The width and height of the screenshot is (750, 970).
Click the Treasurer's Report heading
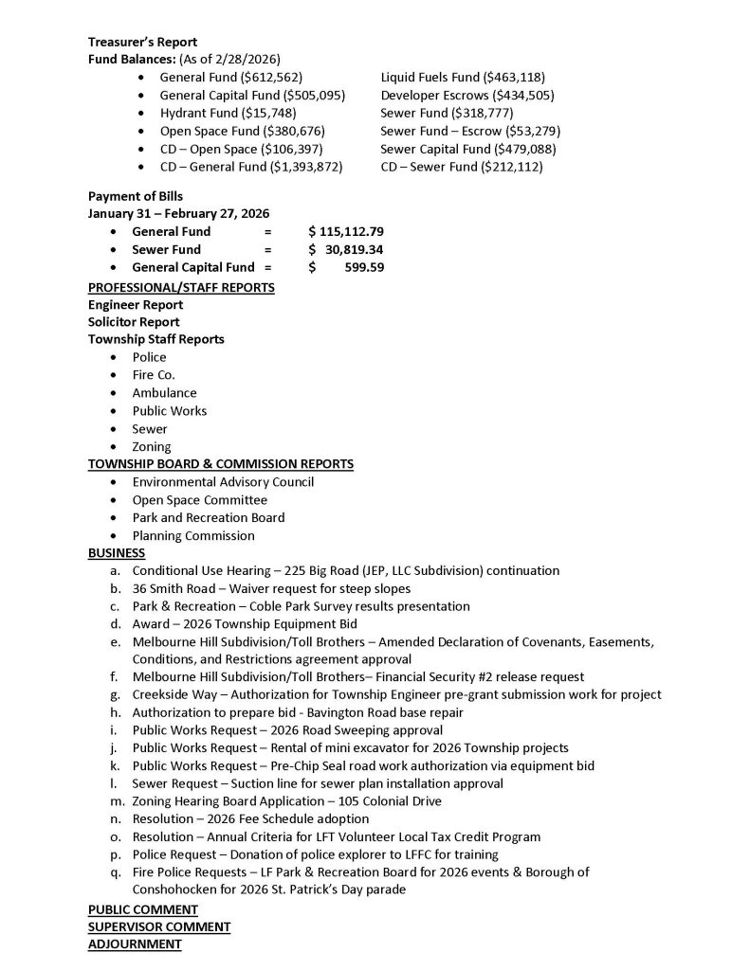(x=142, y=42)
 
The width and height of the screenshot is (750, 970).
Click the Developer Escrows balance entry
(x=467, y=95)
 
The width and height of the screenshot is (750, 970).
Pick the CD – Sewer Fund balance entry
(x=462, y=167)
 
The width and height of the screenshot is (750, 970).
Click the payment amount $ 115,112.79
(x=346, y=231)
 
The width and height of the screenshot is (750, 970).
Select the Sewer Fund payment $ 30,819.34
(x=346, y=249)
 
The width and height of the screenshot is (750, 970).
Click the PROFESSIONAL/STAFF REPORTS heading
(x=181, y=287)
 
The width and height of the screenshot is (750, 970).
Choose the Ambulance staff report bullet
(x=164, y=393)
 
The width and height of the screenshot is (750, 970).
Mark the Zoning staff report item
(x=152, y=446)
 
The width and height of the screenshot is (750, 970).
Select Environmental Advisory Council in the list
(x=223, y=482)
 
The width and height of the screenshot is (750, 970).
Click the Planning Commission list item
(x=193, y=535)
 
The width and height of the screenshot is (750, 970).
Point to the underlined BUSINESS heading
(x=117, y=552)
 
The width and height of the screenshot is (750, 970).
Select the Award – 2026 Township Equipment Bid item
(x=245, y=623)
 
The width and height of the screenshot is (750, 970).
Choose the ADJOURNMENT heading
(x=135, y=944)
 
